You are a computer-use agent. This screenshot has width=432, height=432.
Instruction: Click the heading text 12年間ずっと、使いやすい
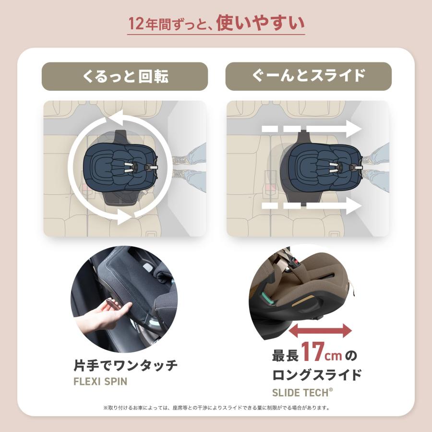pos(216,23)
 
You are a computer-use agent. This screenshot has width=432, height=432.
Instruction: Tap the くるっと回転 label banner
pos(125,76)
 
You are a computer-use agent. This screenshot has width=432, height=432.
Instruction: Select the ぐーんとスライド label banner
pos(308,76)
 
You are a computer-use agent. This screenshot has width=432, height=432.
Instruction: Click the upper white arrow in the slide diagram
pos(312,129)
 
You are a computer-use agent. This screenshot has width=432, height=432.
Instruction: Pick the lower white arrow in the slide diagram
pos(312,207)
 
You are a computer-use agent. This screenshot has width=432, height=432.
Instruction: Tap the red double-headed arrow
pos(320,330)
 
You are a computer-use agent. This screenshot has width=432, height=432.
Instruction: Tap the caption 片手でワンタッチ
pos(125,366)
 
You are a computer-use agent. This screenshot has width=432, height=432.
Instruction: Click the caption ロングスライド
pos(317,374)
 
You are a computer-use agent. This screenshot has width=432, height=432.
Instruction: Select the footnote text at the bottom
pos(216,408)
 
